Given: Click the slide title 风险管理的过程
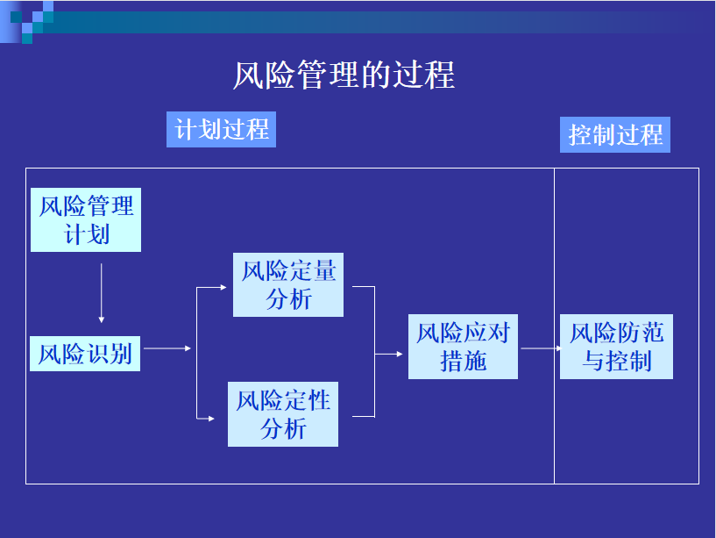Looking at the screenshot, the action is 344,75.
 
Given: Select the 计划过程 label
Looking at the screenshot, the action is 221,130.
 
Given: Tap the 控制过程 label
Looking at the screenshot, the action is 615,134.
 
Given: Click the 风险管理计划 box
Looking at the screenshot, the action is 86,219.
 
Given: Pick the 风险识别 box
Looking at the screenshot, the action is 85,354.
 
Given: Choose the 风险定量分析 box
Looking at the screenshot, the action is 288,284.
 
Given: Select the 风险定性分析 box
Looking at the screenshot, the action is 283,414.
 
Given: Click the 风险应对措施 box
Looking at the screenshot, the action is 463,347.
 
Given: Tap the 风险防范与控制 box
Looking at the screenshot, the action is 616,347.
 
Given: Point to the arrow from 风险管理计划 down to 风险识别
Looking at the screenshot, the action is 102,293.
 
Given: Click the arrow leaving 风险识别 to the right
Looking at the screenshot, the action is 167,348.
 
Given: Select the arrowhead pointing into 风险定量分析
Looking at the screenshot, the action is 223,287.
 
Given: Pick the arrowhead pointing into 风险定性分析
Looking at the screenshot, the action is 211,418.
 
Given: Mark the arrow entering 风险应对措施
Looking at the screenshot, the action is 388,354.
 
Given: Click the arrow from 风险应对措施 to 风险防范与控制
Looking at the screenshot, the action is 541,348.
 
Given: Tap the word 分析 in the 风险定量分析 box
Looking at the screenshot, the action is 288,299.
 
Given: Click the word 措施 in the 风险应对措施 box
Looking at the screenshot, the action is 463,362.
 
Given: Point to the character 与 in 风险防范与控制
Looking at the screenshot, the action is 593,362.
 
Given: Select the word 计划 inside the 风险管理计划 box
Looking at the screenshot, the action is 86,234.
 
